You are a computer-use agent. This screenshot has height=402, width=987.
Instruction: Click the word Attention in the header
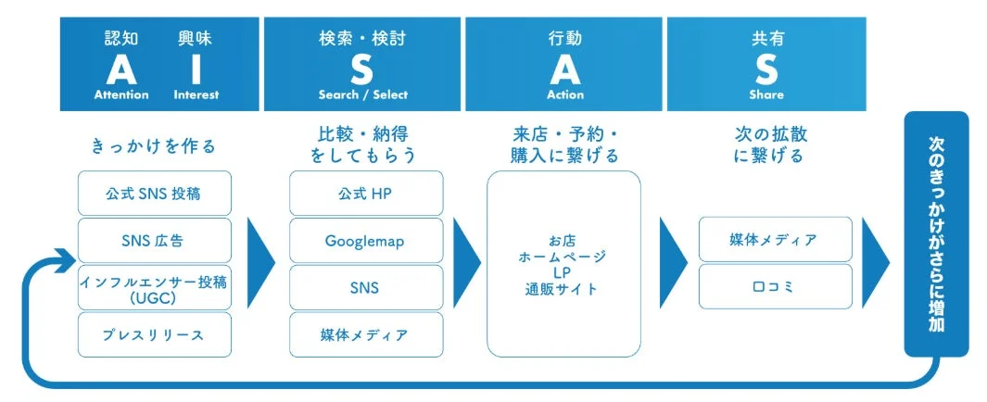(121, 94)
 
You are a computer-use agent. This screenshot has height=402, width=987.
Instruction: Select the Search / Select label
(362, 94)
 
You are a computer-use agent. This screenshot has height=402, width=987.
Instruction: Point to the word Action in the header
(565, 94)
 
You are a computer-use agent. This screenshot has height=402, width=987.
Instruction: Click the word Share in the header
(766, 94)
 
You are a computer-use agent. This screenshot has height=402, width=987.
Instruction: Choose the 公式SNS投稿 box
(154, 195)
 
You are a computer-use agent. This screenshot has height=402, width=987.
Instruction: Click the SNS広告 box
(154, 241)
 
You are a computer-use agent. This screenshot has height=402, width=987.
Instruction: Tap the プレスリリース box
(154, 334)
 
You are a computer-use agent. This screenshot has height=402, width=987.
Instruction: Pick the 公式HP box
(366, 195)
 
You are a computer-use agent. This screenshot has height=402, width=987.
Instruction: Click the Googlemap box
(366, 241)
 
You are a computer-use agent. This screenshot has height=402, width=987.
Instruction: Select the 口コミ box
(775, 287)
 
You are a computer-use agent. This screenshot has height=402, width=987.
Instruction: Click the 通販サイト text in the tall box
(563, 290)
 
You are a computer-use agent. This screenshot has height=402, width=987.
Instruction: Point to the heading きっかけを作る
(153, 145)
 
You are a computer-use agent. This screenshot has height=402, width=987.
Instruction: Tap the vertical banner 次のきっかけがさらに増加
(936, 233)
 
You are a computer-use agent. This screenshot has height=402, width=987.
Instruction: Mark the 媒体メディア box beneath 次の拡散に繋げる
(775, 240)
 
